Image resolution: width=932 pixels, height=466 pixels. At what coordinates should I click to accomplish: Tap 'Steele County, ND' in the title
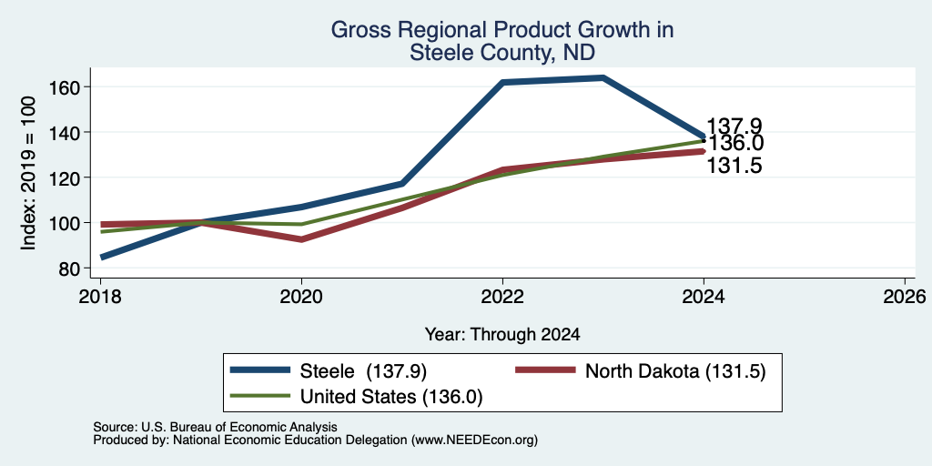502,53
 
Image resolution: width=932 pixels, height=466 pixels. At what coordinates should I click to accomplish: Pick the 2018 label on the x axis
100,296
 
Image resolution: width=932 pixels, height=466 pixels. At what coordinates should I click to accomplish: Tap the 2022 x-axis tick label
502,296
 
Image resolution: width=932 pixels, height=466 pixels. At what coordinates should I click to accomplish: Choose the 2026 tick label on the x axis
906,296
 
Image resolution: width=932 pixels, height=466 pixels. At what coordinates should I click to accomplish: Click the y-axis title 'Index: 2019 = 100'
28,173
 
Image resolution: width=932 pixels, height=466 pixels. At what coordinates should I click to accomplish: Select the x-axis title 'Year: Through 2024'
502,335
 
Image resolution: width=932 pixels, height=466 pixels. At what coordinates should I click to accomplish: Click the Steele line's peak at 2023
603,78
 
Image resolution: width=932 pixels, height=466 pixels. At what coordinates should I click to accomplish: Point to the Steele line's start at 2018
102,257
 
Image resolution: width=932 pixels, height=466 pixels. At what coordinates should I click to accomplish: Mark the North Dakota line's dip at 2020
302,239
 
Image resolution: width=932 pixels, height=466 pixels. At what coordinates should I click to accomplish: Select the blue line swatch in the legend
260,370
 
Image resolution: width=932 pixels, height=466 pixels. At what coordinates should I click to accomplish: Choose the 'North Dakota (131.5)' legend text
675,371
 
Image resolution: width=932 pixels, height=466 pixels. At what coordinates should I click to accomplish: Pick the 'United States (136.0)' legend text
391,397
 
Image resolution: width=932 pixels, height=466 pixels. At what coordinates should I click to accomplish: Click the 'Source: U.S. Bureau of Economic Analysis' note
215,427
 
